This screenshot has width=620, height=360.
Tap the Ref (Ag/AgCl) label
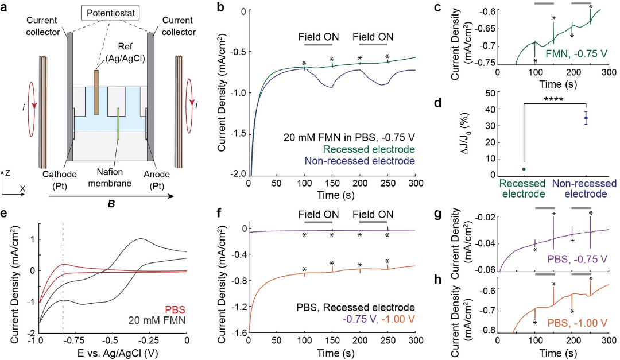click(122, 56)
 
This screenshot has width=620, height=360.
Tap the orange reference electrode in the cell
click(96, 87)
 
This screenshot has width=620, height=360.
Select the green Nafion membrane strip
click(119, 123)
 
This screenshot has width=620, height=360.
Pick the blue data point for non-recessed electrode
click(586, 118)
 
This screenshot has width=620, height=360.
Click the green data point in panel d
click(524, 169)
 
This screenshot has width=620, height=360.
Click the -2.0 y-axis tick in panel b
click(237, 174)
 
